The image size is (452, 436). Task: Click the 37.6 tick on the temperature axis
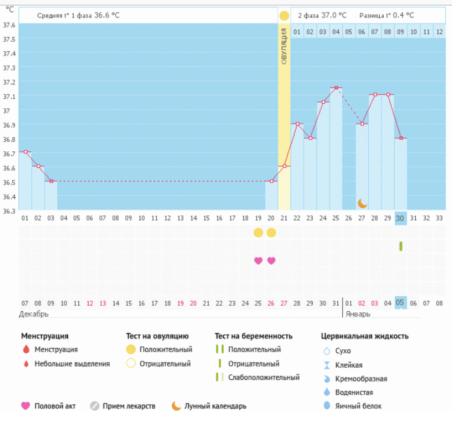point(9,25)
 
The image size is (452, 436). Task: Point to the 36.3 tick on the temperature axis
point(9,211)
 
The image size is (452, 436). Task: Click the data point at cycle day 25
point(336,87)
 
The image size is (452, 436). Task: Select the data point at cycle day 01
point(25,152)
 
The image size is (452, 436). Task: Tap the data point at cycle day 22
point(297,124)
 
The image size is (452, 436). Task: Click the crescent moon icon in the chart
point(362,203)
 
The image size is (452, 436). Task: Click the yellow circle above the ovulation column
point(284,14)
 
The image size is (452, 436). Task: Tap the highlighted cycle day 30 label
point(400,218)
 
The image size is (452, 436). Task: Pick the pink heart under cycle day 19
point(258,261)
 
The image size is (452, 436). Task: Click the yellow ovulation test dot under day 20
point(271,233)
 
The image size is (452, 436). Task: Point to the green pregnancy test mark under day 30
point(400,246)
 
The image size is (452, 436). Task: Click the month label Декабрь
point(34,314)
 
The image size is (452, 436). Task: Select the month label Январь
point(358,314)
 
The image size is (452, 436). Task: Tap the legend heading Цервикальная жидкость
point(365,336)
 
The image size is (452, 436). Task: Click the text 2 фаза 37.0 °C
point(322,15)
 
